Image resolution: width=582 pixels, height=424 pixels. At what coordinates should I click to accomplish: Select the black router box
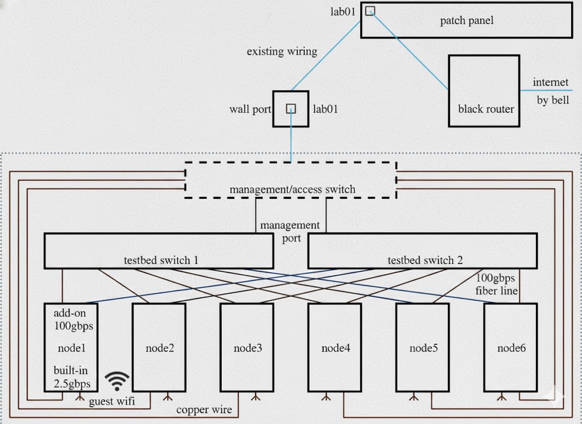(x=484, y=91)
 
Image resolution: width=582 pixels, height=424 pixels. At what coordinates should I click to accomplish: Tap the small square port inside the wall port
(x=290, y=108)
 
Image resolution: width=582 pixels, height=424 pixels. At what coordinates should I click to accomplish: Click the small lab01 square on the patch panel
(x=369, y=10)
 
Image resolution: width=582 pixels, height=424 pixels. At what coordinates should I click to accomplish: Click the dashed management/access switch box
(x=290, y=180)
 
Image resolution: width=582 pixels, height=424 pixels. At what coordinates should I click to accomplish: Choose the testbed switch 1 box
(x=160, y=250)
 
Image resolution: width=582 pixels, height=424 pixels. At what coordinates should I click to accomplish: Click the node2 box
(x=159, y=347)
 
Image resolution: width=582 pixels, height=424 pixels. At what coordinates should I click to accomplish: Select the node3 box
(x=247, y=347)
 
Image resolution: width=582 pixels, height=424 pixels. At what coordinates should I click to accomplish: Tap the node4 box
(x=335, y=347)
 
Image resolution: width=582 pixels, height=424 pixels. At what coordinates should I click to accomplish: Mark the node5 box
(x=423, y=347)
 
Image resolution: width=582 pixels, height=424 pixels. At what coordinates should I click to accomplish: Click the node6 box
(x=511, y=347)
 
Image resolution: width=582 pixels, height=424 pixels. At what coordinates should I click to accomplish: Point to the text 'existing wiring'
(x=282, y=52)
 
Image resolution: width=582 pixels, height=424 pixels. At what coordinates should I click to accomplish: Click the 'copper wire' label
(x=204, y=409)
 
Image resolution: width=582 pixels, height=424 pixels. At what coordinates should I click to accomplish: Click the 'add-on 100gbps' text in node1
(x=72, y=320)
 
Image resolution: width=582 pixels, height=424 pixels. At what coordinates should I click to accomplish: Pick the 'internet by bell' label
(x=550, y=92)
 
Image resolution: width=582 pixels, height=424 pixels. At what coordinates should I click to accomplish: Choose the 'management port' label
(x=290, y=232)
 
